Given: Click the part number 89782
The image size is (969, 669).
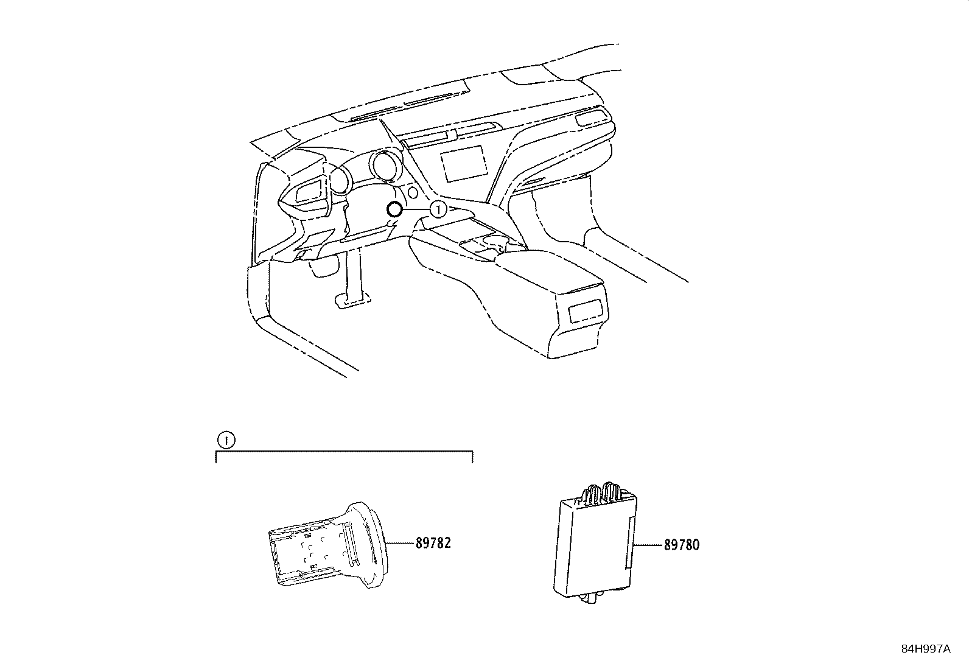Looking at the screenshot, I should (433, 543).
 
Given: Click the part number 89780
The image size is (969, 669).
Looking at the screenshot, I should (681, 545).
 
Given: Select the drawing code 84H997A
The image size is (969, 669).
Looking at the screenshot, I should (926, 650).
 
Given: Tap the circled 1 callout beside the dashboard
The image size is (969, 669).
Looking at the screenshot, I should (438, 209).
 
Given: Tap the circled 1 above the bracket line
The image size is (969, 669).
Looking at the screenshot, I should (225, 440).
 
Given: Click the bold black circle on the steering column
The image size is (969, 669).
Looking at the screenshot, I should (394, 210).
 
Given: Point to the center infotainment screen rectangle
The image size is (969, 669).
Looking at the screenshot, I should (464, 164).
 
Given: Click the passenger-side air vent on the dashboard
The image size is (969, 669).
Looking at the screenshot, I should (590, 116).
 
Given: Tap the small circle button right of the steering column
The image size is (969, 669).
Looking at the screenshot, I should (413, 193).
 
